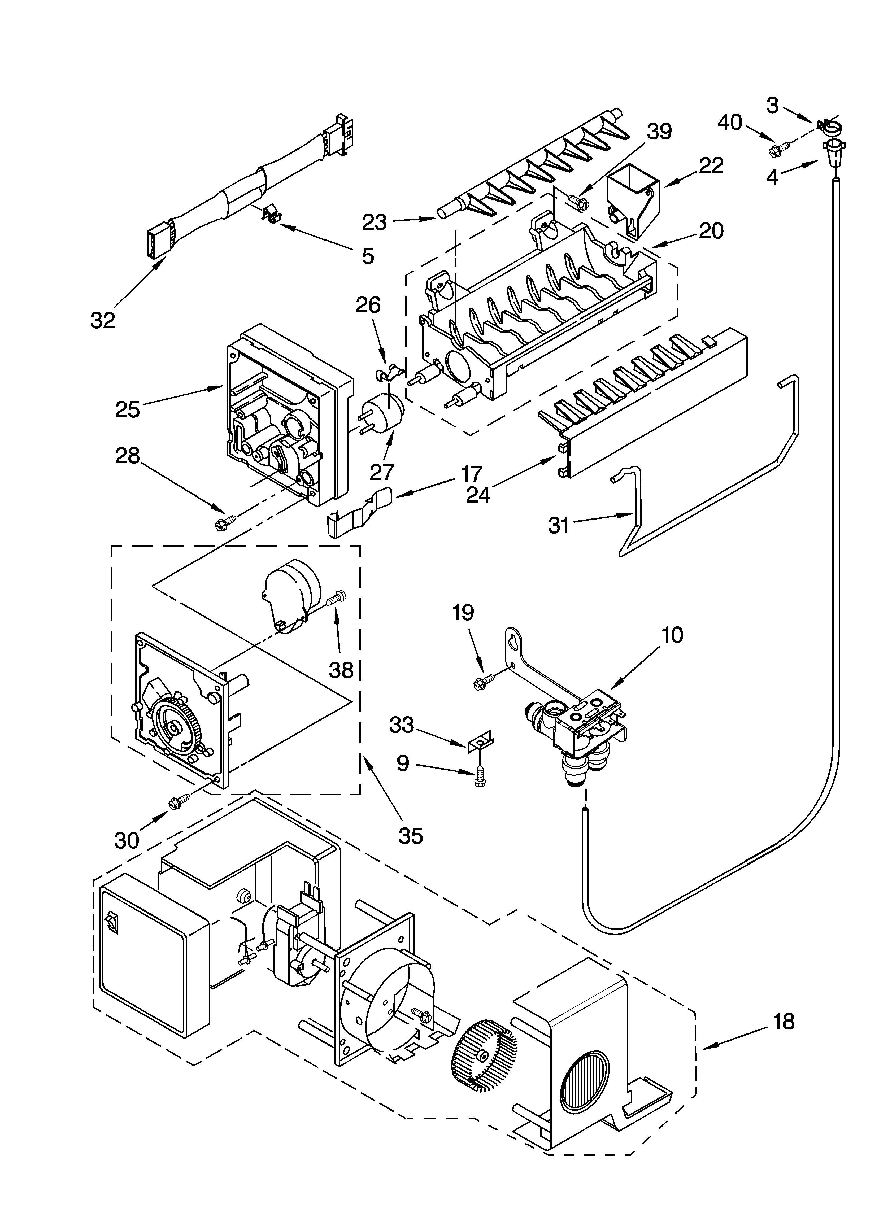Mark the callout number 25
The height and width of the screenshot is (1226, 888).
[128, 409]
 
